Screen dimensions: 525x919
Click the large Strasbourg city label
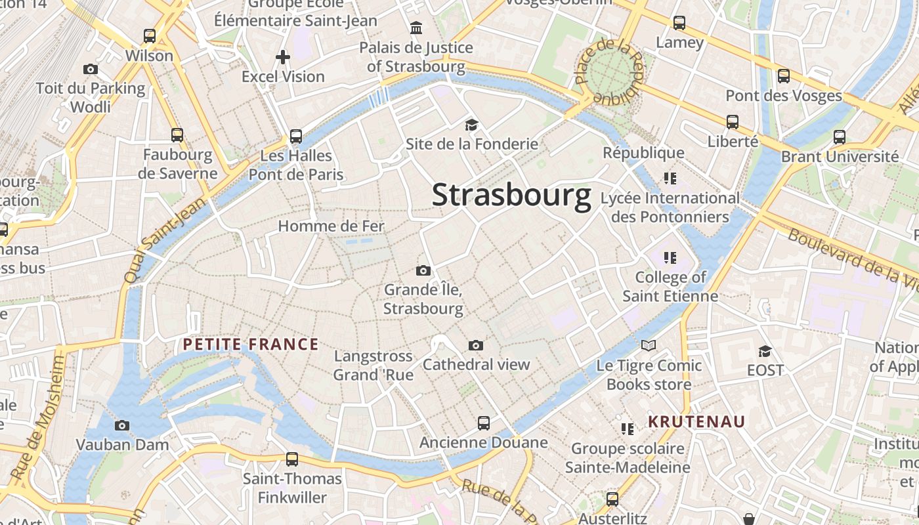[511, 196]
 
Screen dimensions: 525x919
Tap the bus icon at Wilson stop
[150, 36]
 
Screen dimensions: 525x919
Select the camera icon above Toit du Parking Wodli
[91, 69]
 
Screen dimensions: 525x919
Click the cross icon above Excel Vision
[283, 57]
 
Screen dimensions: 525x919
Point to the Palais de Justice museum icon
[416, 28]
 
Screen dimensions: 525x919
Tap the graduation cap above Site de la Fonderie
[471, 125]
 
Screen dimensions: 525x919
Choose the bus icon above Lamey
[679, 23]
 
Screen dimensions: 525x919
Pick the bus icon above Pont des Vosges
[784, 75]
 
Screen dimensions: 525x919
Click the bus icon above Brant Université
[840, 137]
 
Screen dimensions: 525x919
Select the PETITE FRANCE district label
[251, 345]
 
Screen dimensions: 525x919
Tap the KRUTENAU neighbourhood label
[696, 421]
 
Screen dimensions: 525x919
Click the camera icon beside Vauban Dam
[122, 425]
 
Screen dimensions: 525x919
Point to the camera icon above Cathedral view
[476, 345]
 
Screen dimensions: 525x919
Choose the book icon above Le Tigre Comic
[649, 345]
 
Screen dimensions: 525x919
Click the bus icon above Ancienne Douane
[484, 423]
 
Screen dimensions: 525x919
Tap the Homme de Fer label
[331, 226]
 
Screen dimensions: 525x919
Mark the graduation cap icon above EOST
[765, 351]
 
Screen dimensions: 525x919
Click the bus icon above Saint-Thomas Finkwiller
[292, 459]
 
